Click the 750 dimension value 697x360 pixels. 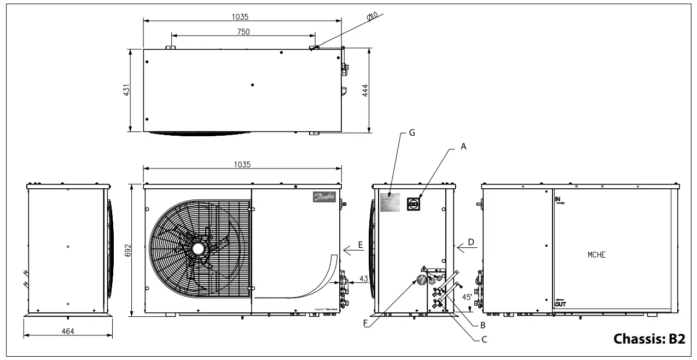243,32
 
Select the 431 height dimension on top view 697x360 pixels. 126,90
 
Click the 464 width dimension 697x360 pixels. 67,331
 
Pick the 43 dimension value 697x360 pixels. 363,279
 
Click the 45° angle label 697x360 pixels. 466,297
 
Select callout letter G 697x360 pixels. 412,133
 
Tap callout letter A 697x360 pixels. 464,146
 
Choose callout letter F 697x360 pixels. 365,323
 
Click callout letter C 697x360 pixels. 484,340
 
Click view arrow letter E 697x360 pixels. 361,245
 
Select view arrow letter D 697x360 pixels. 471,241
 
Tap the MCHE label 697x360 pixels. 596,255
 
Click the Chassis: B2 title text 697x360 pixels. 649,339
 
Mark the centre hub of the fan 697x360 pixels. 196,248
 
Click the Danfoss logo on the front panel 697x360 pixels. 324,197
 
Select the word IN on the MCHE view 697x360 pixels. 558,199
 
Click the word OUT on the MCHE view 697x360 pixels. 560,304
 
